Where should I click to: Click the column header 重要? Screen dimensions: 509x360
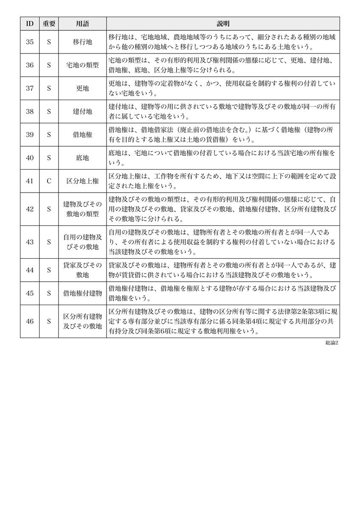point(49,24)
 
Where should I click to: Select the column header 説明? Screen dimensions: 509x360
point(223,24)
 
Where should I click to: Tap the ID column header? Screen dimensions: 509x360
point(30,24)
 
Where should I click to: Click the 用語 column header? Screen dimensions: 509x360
point(82,24)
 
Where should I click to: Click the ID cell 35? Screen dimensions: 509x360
point(30,42)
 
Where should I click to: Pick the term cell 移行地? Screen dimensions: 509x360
point(82,42)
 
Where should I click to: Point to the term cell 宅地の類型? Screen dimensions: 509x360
point(82,65)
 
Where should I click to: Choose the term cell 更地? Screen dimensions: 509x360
point(82,88)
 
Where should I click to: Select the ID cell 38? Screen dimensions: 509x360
point(30,112)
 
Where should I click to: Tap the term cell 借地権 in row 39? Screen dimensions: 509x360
point(82,134)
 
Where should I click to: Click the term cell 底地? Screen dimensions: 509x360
point(82,158)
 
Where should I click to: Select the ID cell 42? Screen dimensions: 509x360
point(30,209)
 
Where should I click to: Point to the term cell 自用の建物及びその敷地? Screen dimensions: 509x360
point(82,242)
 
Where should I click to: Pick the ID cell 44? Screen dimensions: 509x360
point(30,270)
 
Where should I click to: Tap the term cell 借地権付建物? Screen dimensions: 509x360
point(82,293)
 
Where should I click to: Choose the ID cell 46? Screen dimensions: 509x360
point(30,321)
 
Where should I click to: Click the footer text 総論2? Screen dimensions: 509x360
point(331,343)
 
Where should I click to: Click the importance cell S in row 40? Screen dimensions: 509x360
point(49,158)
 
